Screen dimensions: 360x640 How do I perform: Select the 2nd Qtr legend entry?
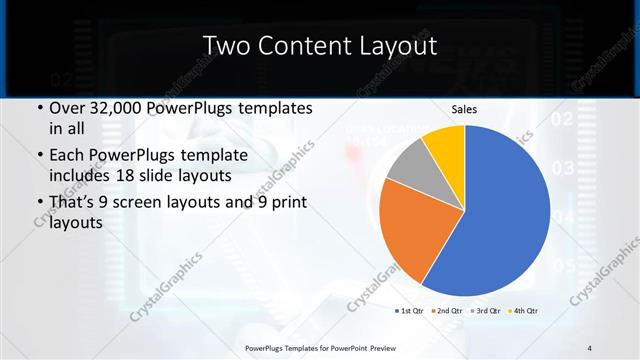tap(449, 311)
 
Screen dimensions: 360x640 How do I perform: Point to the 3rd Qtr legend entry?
tap(487, 311)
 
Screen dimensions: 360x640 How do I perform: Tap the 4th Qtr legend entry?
tap(525, 311)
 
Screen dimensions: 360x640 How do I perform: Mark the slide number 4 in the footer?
tap(590, 348)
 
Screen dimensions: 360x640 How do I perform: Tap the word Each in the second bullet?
tap(67, 157)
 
